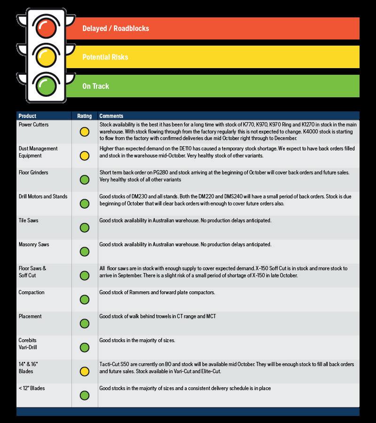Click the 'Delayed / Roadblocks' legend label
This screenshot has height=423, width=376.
pyautogui.click(x=116, y=29)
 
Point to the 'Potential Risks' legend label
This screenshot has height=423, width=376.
pyautogui.click(x=105, y=57)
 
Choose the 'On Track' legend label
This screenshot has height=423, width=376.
pyautogui.click(x=95, y=86)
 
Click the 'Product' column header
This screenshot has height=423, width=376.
pyautogui.click(x=27, y=116)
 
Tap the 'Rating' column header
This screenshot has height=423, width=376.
pyautogui.click(x=84, y=116)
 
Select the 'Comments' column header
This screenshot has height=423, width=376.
pyautogui.click(x=111, y=116)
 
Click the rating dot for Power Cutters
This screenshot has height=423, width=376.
pyautogui.click(x=85, y=132)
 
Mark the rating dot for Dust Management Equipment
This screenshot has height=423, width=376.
pyautogui.click(x=85, y=156)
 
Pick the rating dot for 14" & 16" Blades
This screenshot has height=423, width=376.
pyautogui.click(x=85, y=372)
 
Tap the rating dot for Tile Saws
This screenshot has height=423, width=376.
pyautogui.click(x=85, y=227)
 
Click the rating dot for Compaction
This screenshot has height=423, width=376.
pyautogui.click(x=85, y=299)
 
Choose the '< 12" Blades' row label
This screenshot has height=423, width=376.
pyautogui.click(x=31, y=388)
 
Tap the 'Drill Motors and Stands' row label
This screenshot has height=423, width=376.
pyautogui.click(x=43, y=196)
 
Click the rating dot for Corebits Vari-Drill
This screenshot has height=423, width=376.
pyautogui.click(x=85, y=347)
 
